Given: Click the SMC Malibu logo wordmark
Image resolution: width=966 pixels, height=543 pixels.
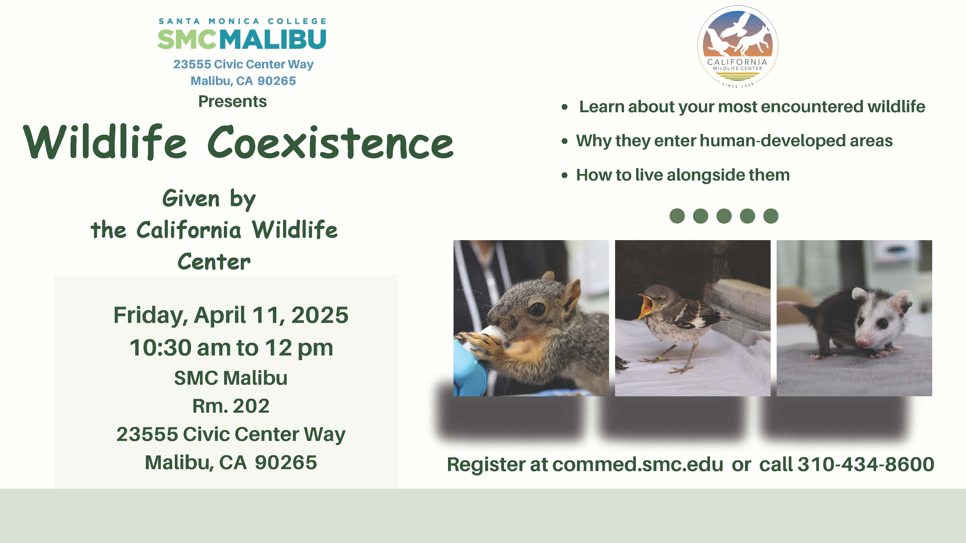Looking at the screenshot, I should click(x=242, y=39).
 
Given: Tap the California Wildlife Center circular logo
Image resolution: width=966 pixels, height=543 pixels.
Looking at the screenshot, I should click(x=737, y=45).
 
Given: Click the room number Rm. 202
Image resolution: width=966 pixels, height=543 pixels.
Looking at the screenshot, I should click(x=231, y=406).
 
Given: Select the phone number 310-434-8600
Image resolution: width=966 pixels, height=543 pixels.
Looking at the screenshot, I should click(x=866, y=464).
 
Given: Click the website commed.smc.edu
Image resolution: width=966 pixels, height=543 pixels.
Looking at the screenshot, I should click(x=638, y=464).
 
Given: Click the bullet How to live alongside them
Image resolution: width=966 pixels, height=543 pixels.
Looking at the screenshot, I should click(x=682, y=175).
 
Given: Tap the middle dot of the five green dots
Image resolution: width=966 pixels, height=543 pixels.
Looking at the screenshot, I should click(x=724, y=216).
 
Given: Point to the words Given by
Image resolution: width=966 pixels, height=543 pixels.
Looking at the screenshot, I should click(x=209, y=199).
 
